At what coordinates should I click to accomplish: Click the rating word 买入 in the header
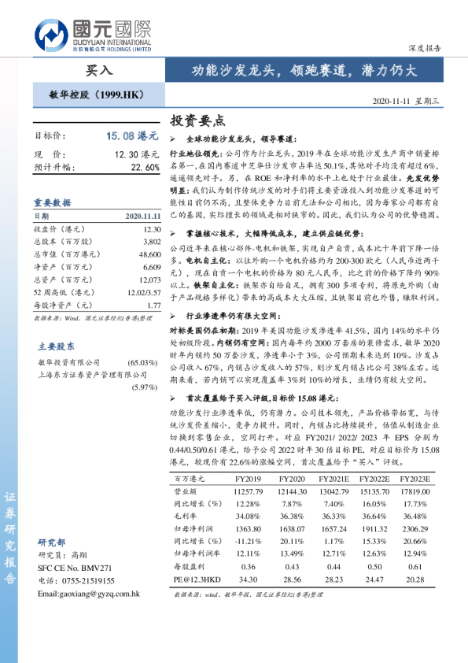[x=99, y=70]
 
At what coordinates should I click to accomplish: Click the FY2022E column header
[x=374, y=479]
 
